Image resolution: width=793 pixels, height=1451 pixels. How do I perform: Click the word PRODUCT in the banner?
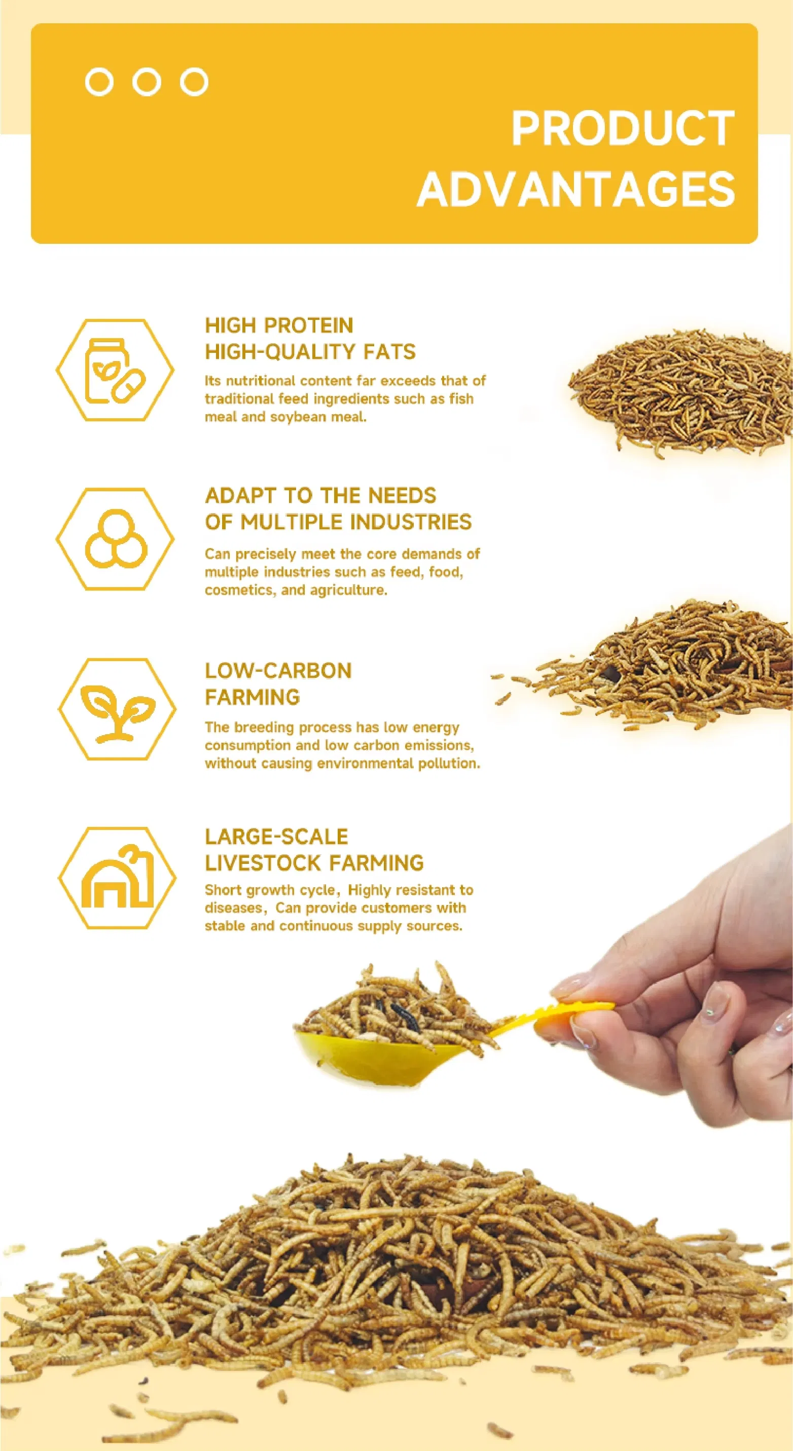pyautogui.click(x=623, y=128)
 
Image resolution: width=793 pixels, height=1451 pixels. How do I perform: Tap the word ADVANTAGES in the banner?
pyautogui.click(x=576, y=189)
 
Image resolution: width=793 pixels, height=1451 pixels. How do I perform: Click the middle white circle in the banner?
pyautogui.click(x=147, y=82)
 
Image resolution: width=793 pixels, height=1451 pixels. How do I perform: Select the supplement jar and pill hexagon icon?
pyautogui.click(x=115, y=370)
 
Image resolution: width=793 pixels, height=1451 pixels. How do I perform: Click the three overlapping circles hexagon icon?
pyautogui.click(x=115, y=539)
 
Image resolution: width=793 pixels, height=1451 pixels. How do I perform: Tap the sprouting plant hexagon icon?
pyautogui.click(x=117, y=709)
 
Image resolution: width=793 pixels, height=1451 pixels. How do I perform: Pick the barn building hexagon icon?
pyautogui.click(x=117, y=878)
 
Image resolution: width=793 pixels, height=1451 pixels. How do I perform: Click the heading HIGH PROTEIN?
pyautogui.click(x=279, y=325)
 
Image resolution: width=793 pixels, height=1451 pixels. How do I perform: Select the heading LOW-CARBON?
pyautogui.click(x=278, y=670)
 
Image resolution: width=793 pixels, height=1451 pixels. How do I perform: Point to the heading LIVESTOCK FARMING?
pyautogui.click(x=314, y=862)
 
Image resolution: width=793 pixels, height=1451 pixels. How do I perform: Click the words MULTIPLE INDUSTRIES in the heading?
pyautogui.click(x=356, y=522)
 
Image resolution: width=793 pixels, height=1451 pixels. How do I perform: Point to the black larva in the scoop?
pyautogui.click(x=403, y=1014)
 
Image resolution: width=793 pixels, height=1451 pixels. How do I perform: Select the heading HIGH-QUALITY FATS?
pyautogui.click(x=310, y=351)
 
